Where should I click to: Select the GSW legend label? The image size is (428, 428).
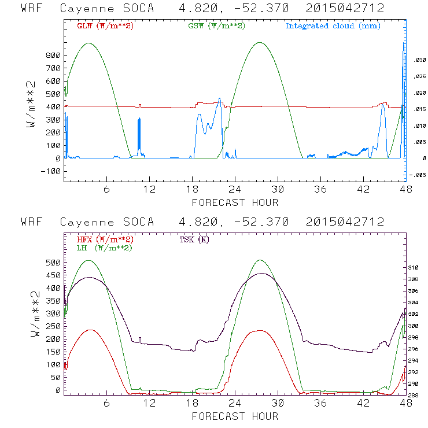coord(216,26)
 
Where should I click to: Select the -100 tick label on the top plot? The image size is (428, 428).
coord(51,171)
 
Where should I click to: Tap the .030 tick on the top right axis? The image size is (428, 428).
coord(419,60)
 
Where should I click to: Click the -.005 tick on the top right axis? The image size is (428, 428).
coord(418,175)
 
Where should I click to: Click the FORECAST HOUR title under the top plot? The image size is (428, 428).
coord(235,202)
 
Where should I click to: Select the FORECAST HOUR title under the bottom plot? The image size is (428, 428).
coord(235,416)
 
